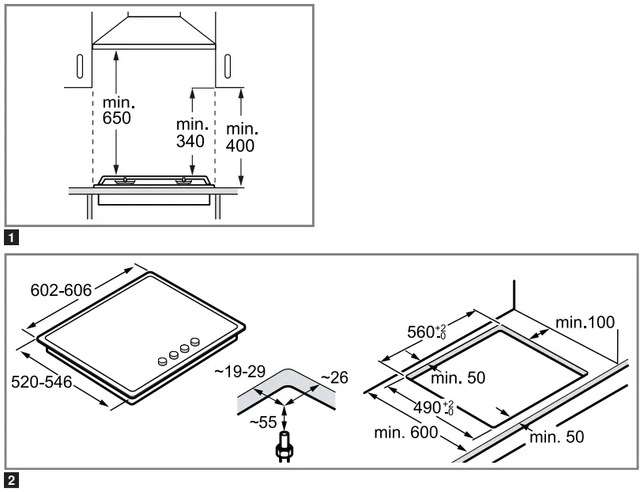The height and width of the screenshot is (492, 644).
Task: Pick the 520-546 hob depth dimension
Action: [x=41, y=382]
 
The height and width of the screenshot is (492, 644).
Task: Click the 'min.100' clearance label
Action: [x=585, y=322]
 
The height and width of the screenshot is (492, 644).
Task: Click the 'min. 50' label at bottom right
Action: [x=557, y=437]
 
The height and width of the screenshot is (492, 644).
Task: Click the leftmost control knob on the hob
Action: [x=164, y=361]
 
